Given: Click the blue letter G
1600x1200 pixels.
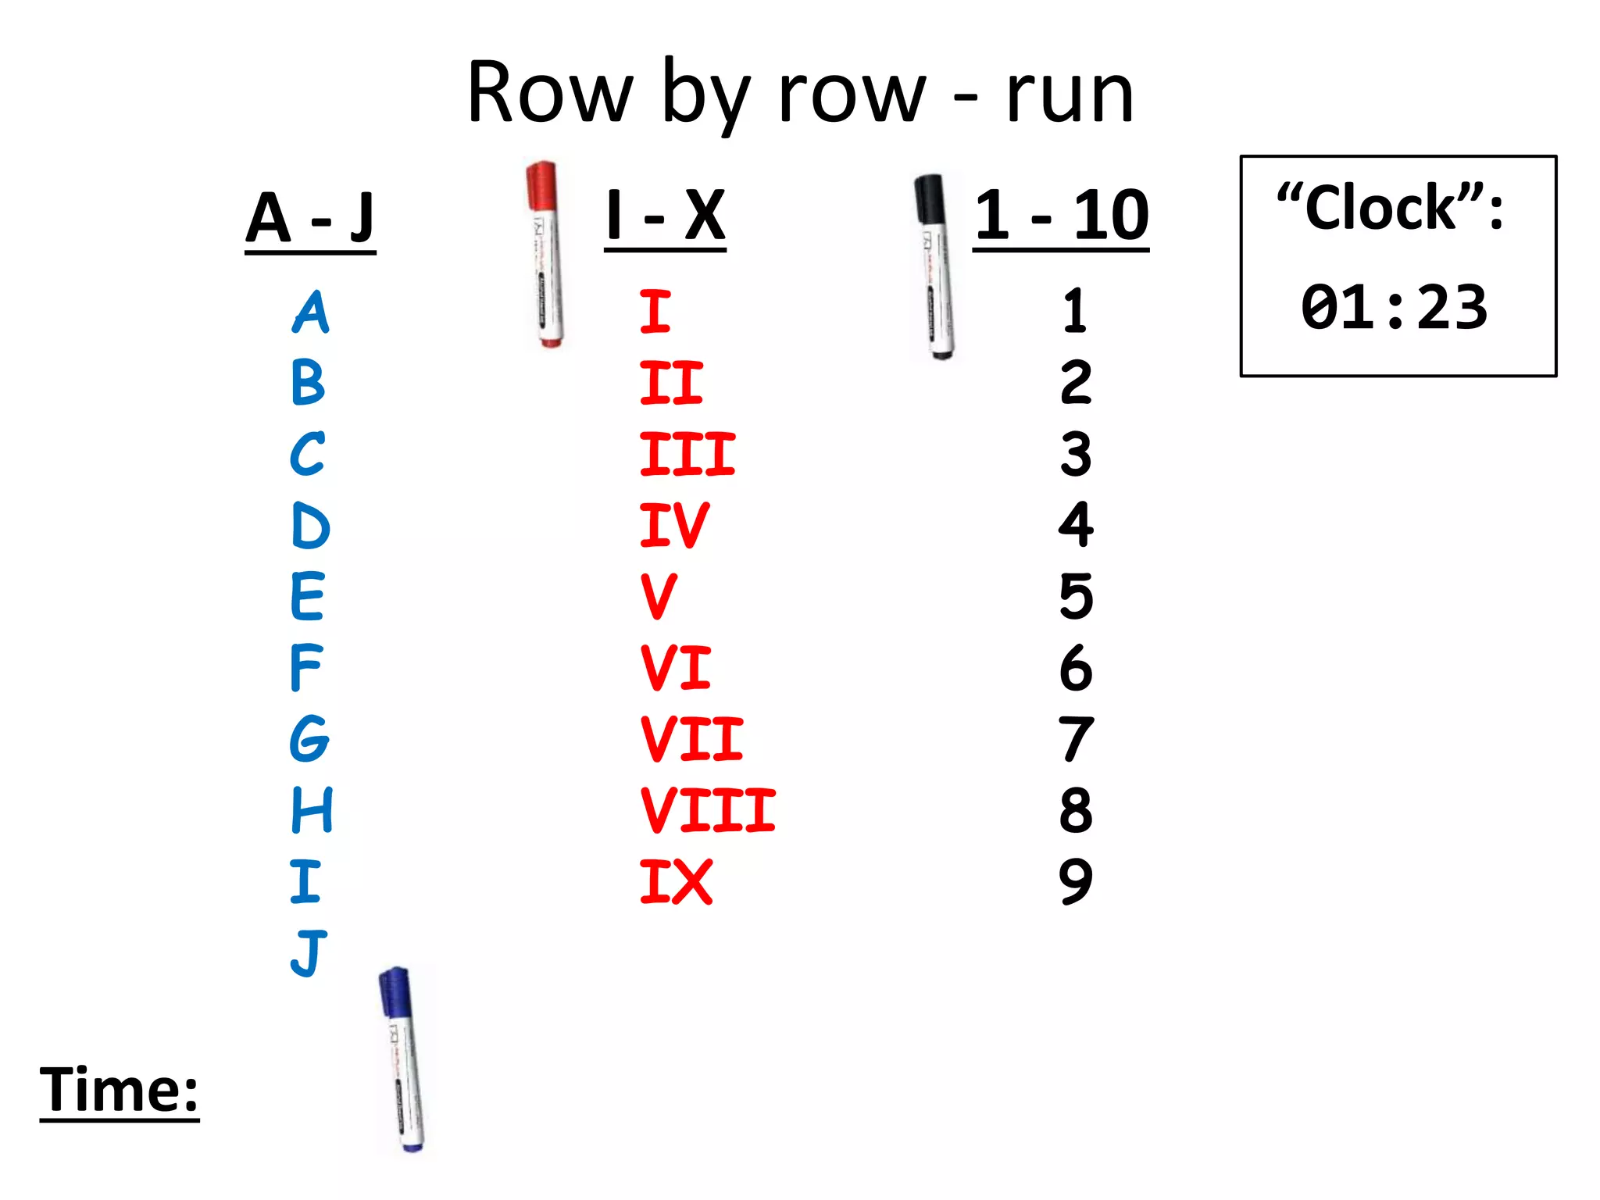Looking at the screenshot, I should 309,738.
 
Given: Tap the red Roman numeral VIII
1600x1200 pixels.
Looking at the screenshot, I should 707,810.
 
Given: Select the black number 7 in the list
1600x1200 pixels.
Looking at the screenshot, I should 1076,739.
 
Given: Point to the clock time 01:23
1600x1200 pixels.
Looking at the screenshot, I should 1395,307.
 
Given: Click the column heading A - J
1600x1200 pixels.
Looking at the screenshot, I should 310,218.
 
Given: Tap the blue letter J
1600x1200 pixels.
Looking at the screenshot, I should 309,952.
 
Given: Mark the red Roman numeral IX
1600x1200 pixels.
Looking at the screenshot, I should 676,882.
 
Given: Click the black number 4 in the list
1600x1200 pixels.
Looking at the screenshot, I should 1076,524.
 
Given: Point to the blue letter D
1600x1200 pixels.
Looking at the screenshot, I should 310,526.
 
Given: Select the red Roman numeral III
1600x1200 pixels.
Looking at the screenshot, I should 687,454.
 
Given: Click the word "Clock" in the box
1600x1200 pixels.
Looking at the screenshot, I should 1381,208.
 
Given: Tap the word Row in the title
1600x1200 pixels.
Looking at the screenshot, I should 549,94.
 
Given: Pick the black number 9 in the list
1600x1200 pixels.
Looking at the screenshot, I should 1076,881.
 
